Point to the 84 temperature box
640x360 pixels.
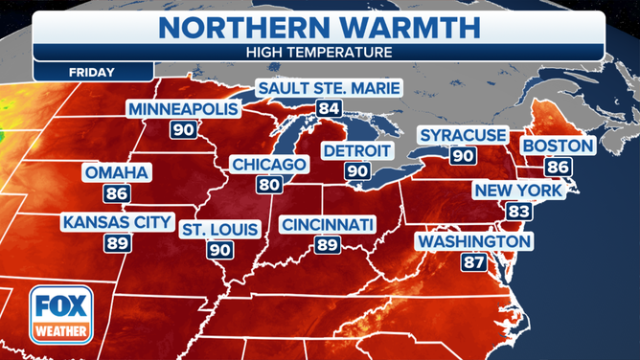coord(328,109)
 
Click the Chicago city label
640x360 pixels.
coord(268,165)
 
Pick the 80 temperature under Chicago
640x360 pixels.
coord(268,185)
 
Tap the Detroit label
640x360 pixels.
coord(357,151)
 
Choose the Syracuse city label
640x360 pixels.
coord(463,135)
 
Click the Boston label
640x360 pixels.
coord(557,146)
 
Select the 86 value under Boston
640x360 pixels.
coord(557,166)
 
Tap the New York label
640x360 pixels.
coord(517,191)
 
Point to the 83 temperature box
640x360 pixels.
coord(517,211)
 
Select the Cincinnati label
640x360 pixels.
coord(328,225)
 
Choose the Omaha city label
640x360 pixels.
coord(116,173)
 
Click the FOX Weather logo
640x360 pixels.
coord(58,315)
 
